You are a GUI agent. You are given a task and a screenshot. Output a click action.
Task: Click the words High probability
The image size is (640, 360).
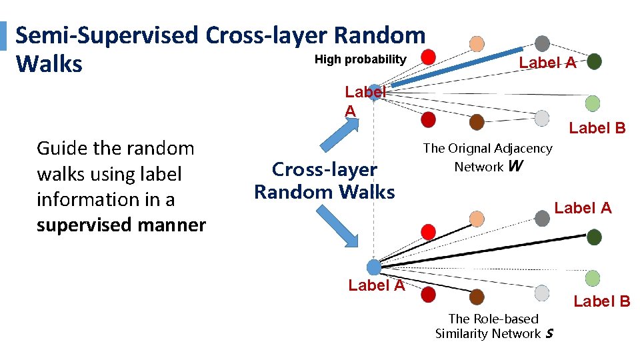[360, 59]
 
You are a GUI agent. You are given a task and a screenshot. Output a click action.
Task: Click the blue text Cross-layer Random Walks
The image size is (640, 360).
[325, 181]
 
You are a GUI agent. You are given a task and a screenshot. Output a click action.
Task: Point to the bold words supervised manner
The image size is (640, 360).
[121, 225]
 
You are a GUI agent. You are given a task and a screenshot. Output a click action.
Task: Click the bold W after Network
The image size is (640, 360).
[515, 167]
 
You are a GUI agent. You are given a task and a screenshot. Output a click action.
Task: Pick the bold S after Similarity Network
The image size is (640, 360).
[549, 334]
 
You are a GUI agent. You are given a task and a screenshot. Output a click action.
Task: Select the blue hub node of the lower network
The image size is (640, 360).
[374, 267]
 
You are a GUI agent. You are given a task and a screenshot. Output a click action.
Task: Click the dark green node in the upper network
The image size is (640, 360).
[594, 62]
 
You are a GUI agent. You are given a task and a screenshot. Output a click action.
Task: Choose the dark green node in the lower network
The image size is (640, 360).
[594, 237]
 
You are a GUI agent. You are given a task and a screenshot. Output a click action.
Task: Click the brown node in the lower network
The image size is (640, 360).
[477, 297]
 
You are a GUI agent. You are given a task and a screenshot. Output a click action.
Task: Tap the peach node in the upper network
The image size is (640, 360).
[477, 44]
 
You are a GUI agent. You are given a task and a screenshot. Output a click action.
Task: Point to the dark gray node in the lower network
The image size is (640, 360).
[543, 217]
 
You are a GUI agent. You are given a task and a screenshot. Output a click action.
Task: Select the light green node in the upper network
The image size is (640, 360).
[592, 103]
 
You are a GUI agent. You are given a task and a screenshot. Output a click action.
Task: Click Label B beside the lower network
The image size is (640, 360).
[601, 301]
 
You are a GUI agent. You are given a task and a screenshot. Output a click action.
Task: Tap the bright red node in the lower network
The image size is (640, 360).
[428, 231]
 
